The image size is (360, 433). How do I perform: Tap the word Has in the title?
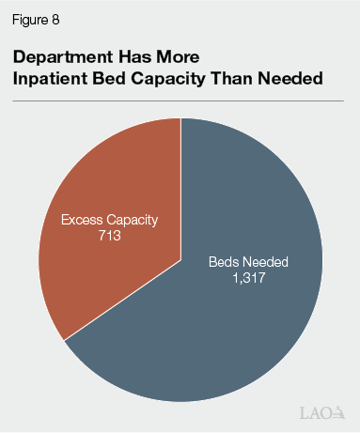tap(132, 56)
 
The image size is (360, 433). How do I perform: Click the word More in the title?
tap(178, 56)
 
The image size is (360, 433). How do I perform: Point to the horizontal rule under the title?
tap(180, 101)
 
